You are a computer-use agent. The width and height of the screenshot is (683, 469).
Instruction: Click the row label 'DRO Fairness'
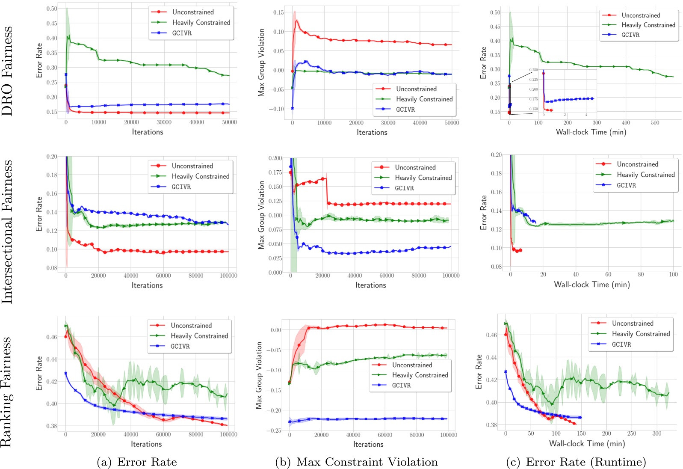tap(7, 71)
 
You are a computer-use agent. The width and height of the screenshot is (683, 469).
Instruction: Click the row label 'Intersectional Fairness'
tap(7, 232)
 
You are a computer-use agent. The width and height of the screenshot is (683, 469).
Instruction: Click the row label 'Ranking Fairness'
tap(6, 392)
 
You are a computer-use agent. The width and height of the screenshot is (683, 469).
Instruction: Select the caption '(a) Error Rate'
tap(136, 462)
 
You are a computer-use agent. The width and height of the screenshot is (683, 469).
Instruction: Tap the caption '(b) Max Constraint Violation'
tap(356, 462)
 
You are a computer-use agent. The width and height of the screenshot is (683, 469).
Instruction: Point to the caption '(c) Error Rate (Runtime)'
tap(576, 462)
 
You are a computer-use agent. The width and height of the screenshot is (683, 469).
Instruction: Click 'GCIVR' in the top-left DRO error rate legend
tap(182, 33)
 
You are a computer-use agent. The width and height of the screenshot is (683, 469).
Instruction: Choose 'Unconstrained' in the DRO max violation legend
tap(416, 89)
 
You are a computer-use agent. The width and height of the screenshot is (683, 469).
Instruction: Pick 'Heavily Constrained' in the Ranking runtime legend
tap(641, 334)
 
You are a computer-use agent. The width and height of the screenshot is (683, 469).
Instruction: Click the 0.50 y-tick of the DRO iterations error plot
tap(52, 9)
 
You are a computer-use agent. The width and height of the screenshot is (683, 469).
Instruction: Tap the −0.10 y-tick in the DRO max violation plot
tap(276, 109)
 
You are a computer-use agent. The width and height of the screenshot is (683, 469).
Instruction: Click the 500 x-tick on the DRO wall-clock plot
tap(655, 123)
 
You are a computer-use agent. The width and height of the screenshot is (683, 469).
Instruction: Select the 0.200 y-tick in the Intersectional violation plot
tap(275, 158)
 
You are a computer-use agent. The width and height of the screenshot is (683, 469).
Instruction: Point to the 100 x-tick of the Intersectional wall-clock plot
tap(673, 274)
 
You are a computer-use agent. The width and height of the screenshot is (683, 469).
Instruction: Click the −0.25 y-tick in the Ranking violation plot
tap(274, 430)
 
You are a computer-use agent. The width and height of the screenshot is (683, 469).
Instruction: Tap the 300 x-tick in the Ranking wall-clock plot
tap(656, 433)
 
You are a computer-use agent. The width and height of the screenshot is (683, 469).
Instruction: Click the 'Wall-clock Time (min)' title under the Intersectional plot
tap(591, 285)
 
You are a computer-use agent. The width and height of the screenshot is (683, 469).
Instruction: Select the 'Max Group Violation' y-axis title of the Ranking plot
tap(259, 375)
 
